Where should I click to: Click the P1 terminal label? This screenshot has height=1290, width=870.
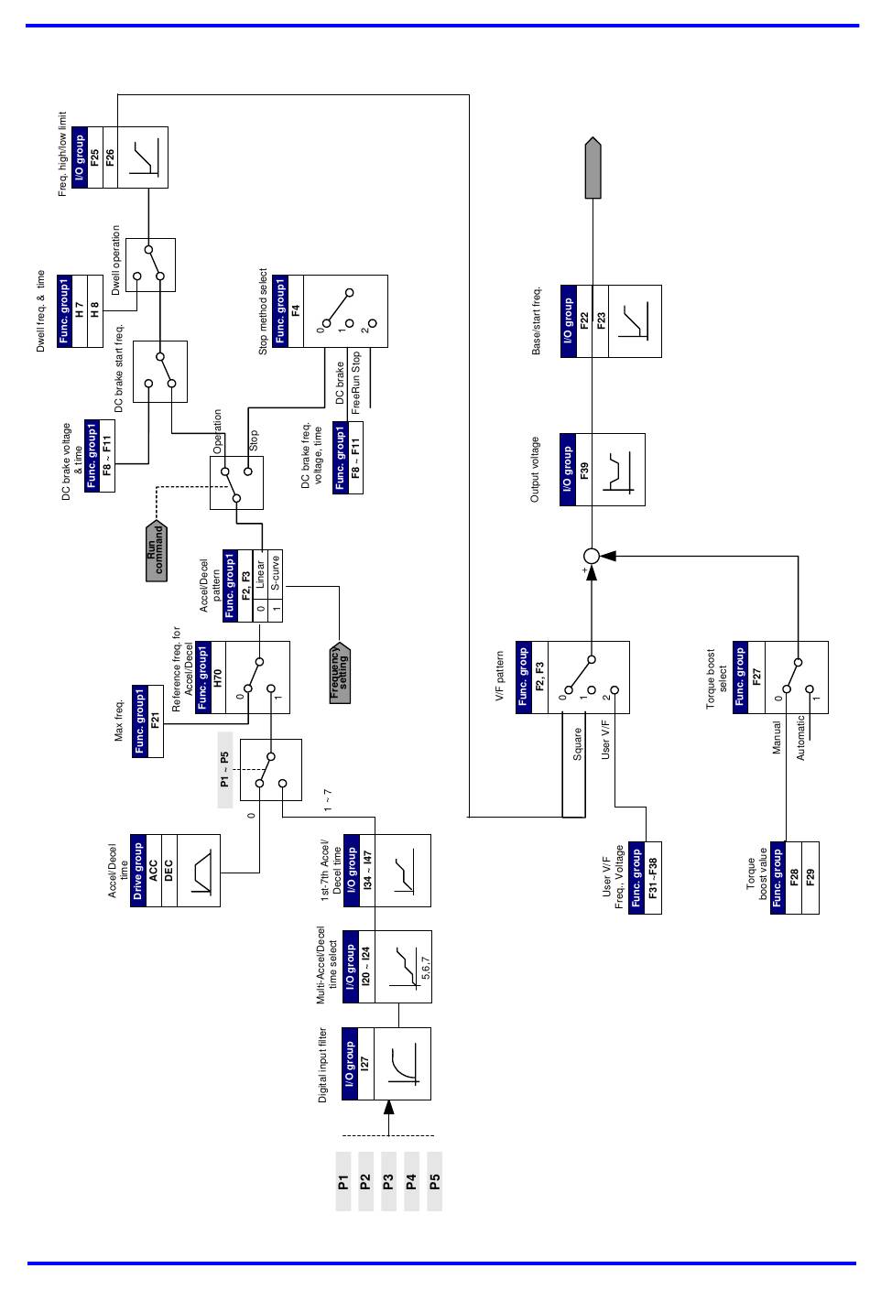[343, 1182]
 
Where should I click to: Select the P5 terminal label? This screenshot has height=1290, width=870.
[434, 1182]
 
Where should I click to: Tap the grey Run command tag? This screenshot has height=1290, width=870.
[156, 550]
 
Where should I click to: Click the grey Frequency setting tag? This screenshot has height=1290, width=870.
[340, 673]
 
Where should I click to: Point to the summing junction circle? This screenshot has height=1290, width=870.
[592, 556]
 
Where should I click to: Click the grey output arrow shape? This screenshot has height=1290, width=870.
[593, 168]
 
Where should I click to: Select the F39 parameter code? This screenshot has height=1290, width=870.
[584, 470]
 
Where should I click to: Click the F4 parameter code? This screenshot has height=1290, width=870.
[296, 311]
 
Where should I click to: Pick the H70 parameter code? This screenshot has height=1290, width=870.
[218, 678]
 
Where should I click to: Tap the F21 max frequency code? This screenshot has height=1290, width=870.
[155, 721]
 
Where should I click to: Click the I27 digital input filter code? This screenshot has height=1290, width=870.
[364, 1063]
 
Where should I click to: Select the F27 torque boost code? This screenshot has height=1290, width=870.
[756, 677]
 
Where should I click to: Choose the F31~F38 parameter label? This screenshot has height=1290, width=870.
[653, 878]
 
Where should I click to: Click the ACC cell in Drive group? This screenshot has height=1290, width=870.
[153, 870]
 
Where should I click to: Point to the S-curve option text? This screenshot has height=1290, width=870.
[276, 572]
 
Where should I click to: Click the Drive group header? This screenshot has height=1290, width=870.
[137, 870]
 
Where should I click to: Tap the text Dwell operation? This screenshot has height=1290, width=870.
[115, 260]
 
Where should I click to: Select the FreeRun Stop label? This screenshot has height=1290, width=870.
[355, 383]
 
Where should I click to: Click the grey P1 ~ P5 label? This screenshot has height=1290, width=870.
[224, 769]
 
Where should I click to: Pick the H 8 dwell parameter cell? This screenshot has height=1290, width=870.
[95, 310]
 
